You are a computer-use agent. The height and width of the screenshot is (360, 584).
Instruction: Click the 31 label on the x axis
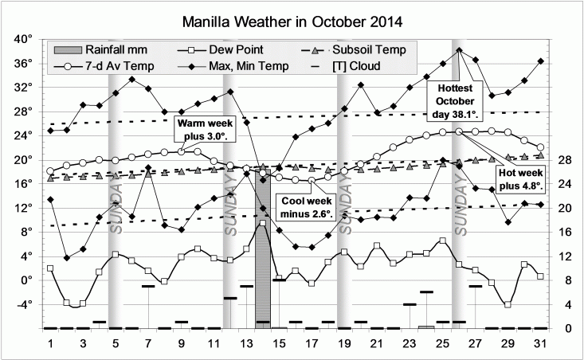pos(541,343)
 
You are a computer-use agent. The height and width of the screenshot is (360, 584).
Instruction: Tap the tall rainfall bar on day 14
pos(263,275)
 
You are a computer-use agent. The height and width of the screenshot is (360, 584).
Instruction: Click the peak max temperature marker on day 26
pos(459,50)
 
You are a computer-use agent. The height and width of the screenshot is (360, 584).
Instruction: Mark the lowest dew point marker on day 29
pos(508,304)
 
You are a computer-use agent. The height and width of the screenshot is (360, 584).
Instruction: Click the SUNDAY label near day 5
pos(116,209)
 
